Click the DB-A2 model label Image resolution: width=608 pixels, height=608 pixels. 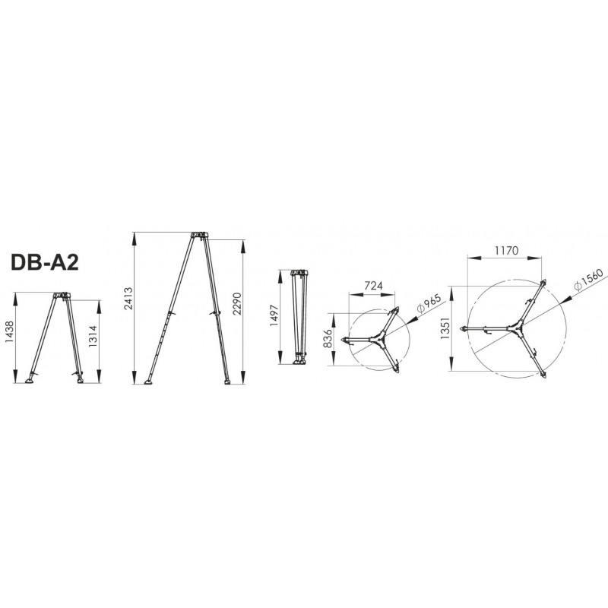pos(45,262)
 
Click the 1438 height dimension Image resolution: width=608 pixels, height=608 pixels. pos(10,331)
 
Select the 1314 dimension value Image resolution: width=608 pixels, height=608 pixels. pos(93,336)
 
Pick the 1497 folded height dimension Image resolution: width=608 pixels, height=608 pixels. pos(274,315)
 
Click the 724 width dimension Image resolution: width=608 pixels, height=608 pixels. pos(373,286)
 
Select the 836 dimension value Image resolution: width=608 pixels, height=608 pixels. pos(328,339)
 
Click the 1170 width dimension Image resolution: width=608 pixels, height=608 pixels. pos(506,251)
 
